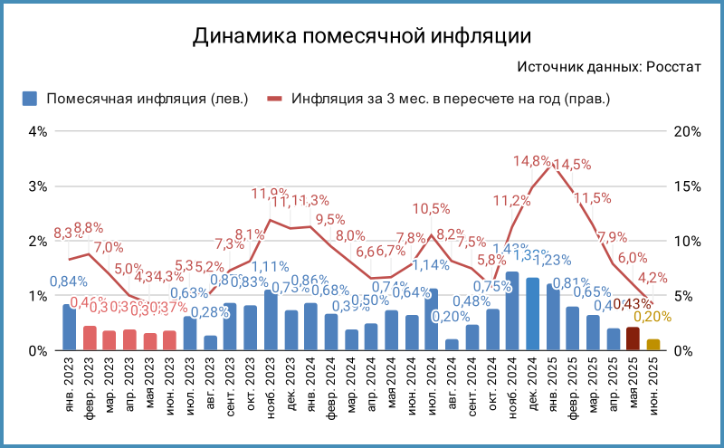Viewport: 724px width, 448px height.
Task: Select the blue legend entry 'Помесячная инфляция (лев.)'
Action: tap(136, 99)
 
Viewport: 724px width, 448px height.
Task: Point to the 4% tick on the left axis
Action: tap(37, 131)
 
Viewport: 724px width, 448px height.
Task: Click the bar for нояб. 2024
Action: tap(512, 311)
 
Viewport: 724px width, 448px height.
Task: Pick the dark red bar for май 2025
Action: tap(633, 339)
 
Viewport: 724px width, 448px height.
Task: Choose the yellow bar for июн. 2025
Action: tap(653, 345)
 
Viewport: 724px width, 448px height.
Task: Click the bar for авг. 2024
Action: tap(452, 345)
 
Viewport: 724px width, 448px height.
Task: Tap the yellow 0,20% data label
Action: tap(652, 317)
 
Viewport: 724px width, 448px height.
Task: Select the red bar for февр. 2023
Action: tap(90, 338)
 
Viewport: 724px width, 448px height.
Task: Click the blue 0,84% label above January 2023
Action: tap(68, 281)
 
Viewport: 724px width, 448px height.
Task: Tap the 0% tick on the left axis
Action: tap(37, 351)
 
